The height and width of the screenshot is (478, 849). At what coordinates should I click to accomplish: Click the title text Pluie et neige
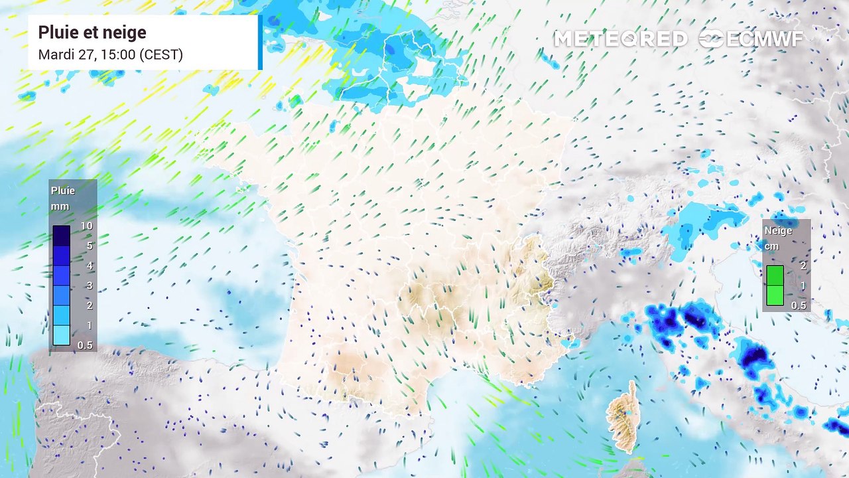click(92, 33)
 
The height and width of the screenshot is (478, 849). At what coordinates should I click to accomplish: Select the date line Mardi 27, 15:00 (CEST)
click(110, 54)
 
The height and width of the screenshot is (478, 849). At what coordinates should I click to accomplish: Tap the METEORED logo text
click(620, 39)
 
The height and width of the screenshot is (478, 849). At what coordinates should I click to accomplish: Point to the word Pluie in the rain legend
click(63, 191)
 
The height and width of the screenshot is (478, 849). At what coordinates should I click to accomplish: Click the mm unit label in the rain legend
click(60, 206)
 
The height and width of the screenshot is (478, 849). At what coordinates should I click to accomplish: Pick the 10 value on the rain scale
click(86, 226)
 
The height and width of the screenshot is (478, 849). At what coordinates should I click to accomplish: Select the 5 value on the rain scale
click(88, 246)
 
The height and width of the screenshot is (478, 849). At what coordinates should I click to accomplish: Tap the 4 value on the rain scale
click(88, 266)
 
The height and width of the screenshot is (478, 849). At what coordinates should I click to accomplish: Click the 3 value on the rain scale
click(88, 285)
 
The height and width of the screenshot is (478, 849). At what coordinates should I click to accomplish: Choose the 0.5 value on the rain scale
click(86, 345)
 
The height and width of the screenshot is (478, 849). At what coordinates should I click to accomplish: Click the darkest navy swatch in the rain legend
click(62, 236)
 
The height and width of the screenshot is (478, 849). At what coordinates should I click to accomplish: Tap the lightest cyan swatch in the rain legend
click(62, 335)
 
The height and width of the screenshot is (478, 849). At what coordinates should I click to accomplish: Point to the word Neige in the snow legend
click(778, 231)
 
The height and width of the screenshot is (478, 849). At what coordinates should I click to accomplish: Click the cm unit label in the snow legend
click(771, 246)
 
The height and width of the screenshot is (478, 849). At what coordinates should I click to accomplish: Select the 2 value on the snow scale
click(803, 266)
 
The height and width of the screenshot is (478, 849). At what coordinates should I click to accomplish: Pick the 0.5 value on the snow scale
click(799, 305)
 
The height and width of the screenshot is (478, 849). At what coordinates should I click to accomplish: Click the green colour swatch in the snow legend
click(775, 285)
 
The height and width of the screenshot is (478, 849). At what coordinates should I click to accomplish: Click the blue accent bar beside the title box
click(260, 42)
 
